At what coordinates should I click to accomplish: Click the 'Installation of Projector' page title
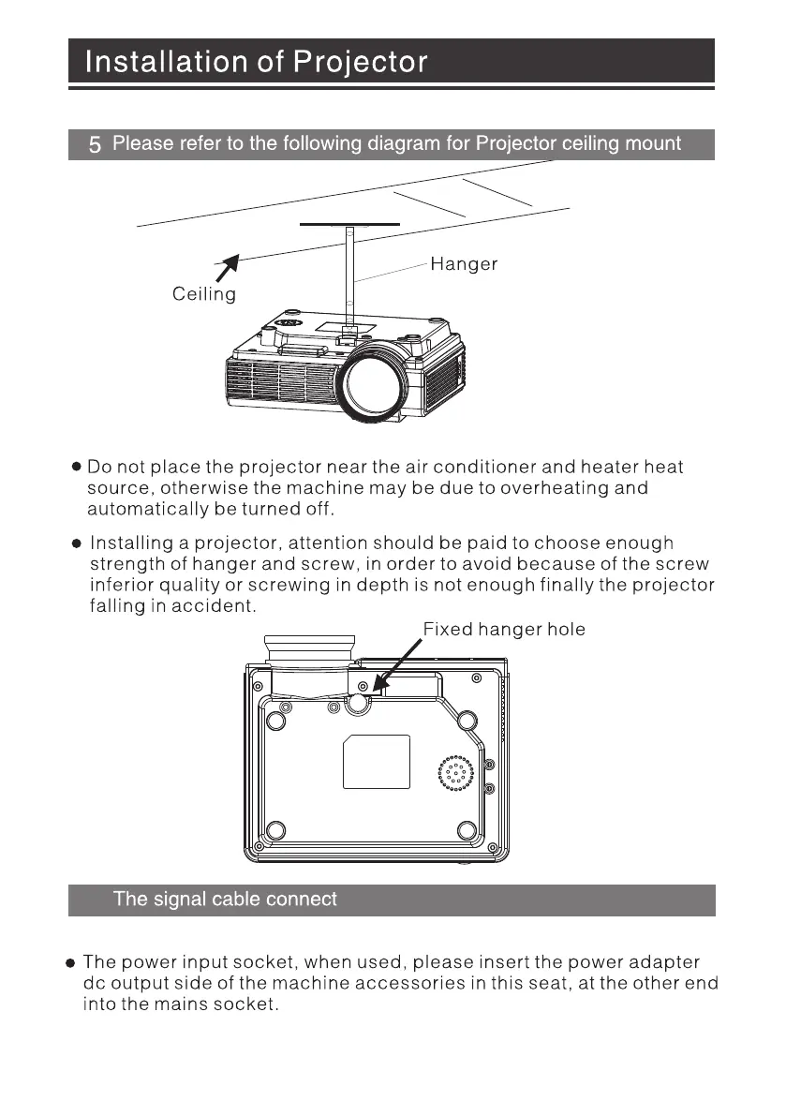257,63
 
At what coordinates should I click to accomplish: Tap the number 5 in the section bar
95,145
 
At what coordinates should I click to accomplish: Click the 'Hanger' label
464,265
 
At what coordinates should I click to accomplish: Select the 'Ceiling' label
204,294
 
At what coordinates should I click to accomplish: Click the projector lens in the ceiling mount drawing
372,383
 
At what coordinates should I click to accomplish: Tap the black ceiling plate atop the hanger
349,225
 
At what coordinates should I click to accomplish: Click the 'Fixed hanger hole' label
504,630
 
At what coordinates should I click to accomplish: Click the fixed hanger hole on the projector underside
358,704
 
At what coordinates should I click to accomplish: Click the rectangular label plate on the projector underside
377,762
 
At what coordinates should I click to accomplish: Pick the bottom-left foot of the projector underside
274,830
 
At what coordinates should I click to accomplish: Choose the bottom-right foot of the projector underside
468,830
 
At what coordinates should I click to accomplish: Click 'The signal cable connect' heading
225,900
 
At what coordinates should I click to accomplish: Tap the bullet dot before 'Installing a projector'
78,543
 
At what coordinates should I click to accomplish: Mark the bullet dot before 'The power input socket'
70,963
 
